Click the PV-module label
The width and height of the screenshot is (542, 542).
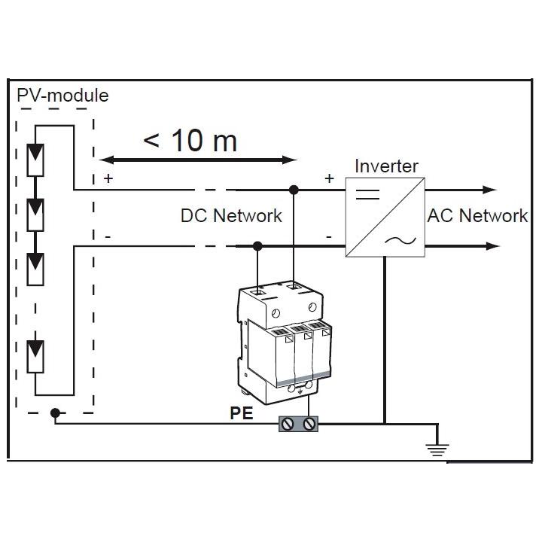[62, 96]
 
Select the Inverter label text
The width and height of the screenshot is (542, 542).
[386, 166]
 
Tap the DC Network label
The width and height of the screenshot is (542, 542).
[231, 216]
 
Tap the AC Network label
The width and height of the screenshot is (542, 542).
[477, 216]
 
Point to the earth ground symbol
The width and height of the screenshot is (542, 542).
[437, 451]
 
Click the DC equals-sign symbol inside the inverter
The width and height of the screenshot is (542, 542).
[367, 193]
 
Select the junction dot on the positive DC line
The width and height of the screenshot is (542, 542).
[294, 190]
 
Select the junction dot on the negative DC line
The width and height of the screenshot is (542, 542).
[257, 245]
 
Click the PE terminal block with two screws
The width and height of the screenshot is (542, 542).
[299, 425]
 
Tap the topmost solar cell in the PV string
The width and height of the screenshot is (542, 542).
[35, 158]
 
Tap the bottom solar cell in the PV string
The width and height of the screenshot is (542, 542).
[35, 356]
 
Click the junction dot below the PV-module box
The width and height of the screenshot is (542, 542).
[54, 413]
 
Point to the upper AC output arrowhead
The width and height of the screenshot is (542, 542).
[492, 190]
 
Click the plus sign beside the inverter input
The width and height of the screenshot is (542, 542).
[328, 178]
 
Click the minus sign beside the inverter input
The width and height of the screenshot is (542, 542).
[328, 236]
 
